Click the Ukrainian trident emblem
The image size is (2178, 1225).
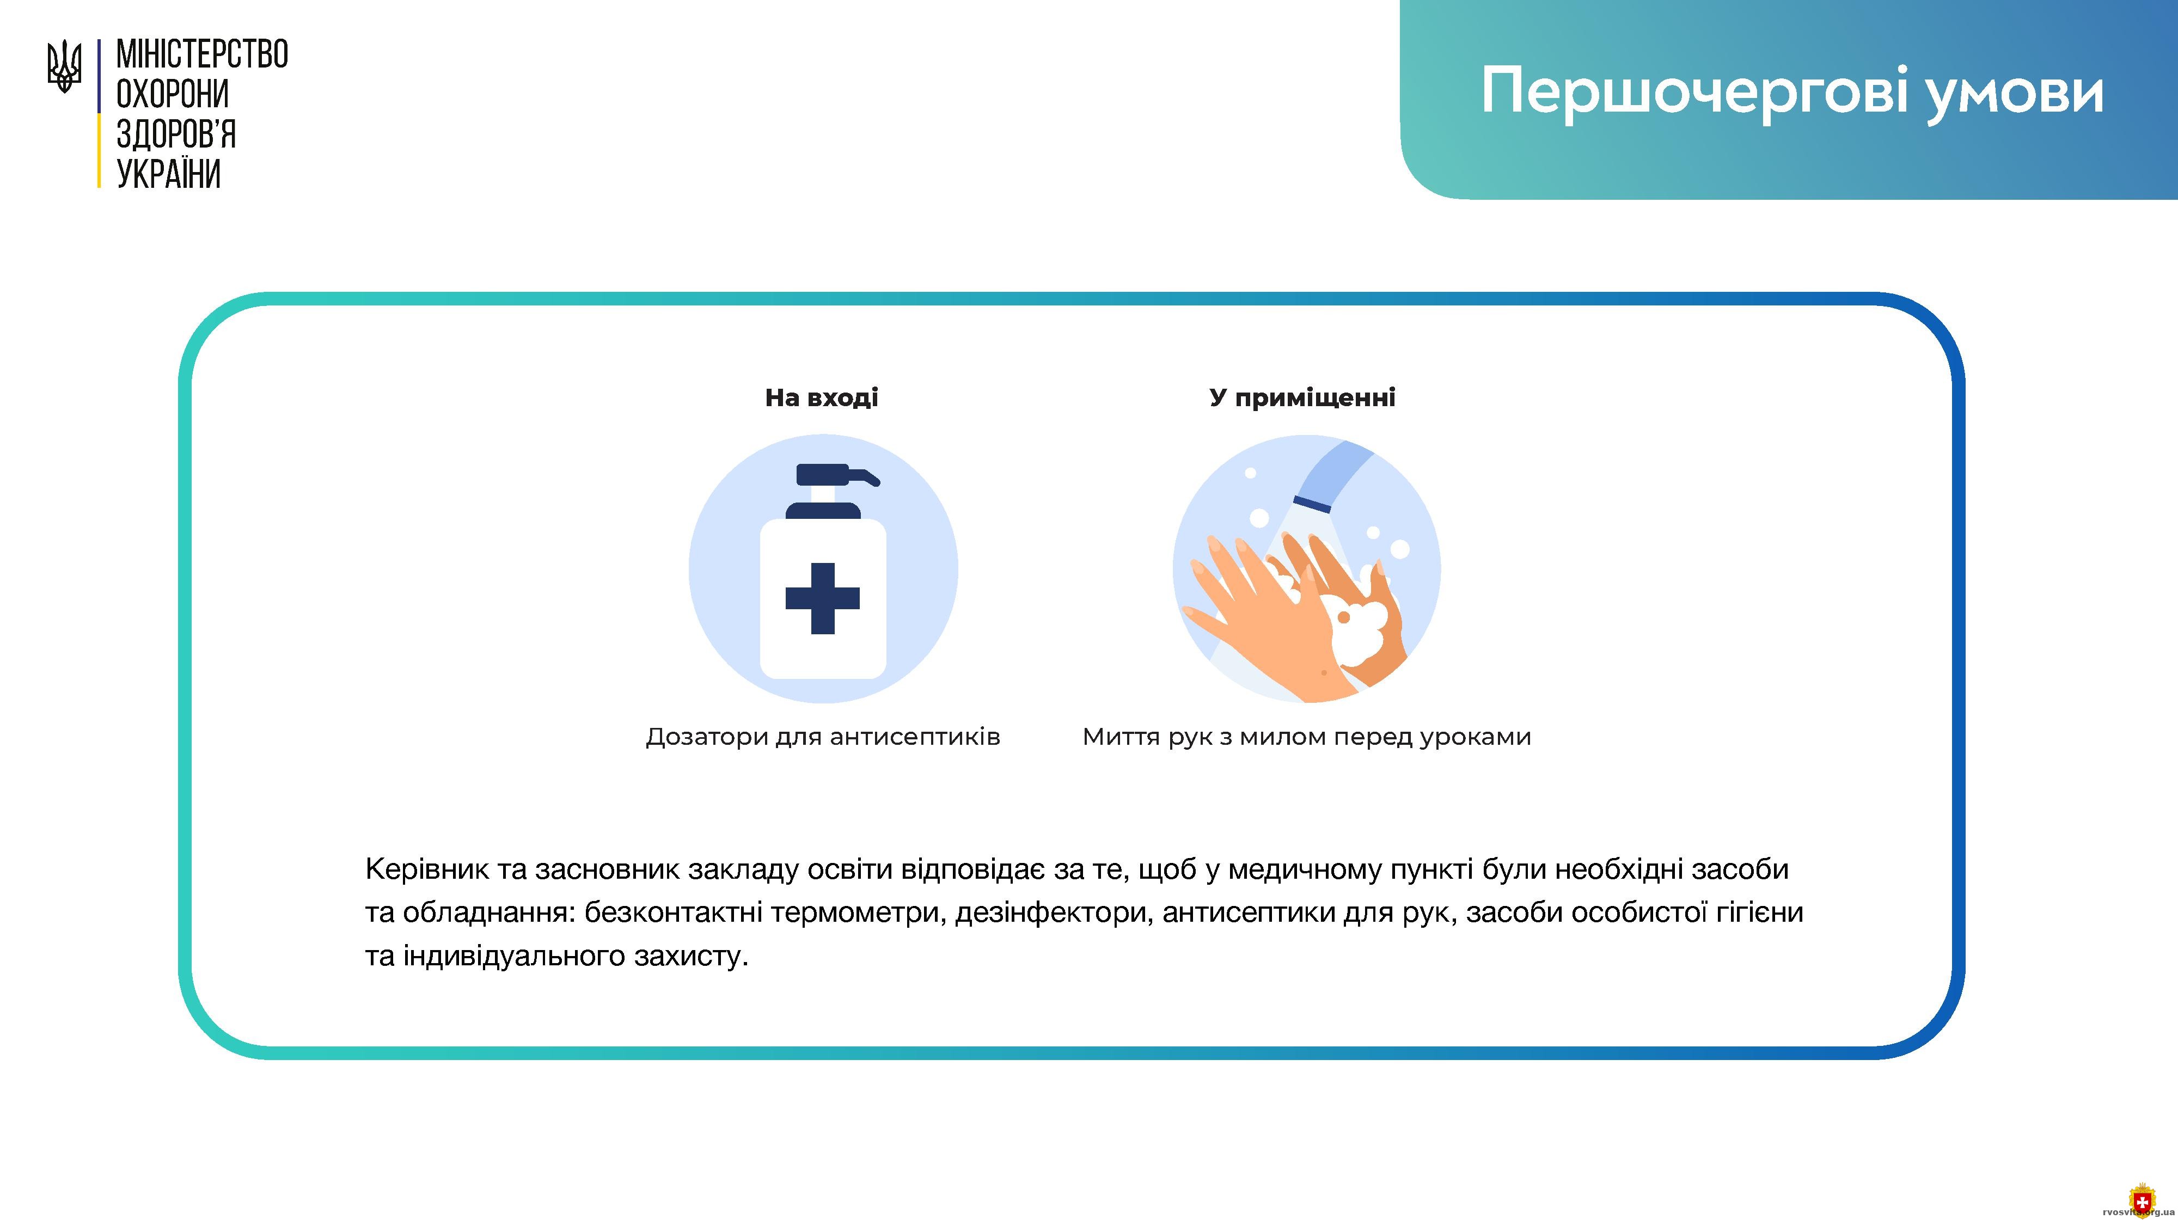64,67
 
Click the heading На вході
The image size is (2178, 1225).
822,397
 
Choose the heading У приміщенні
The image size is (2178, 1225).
1302,398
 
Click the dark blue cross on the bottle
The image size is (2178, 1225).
823,598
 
